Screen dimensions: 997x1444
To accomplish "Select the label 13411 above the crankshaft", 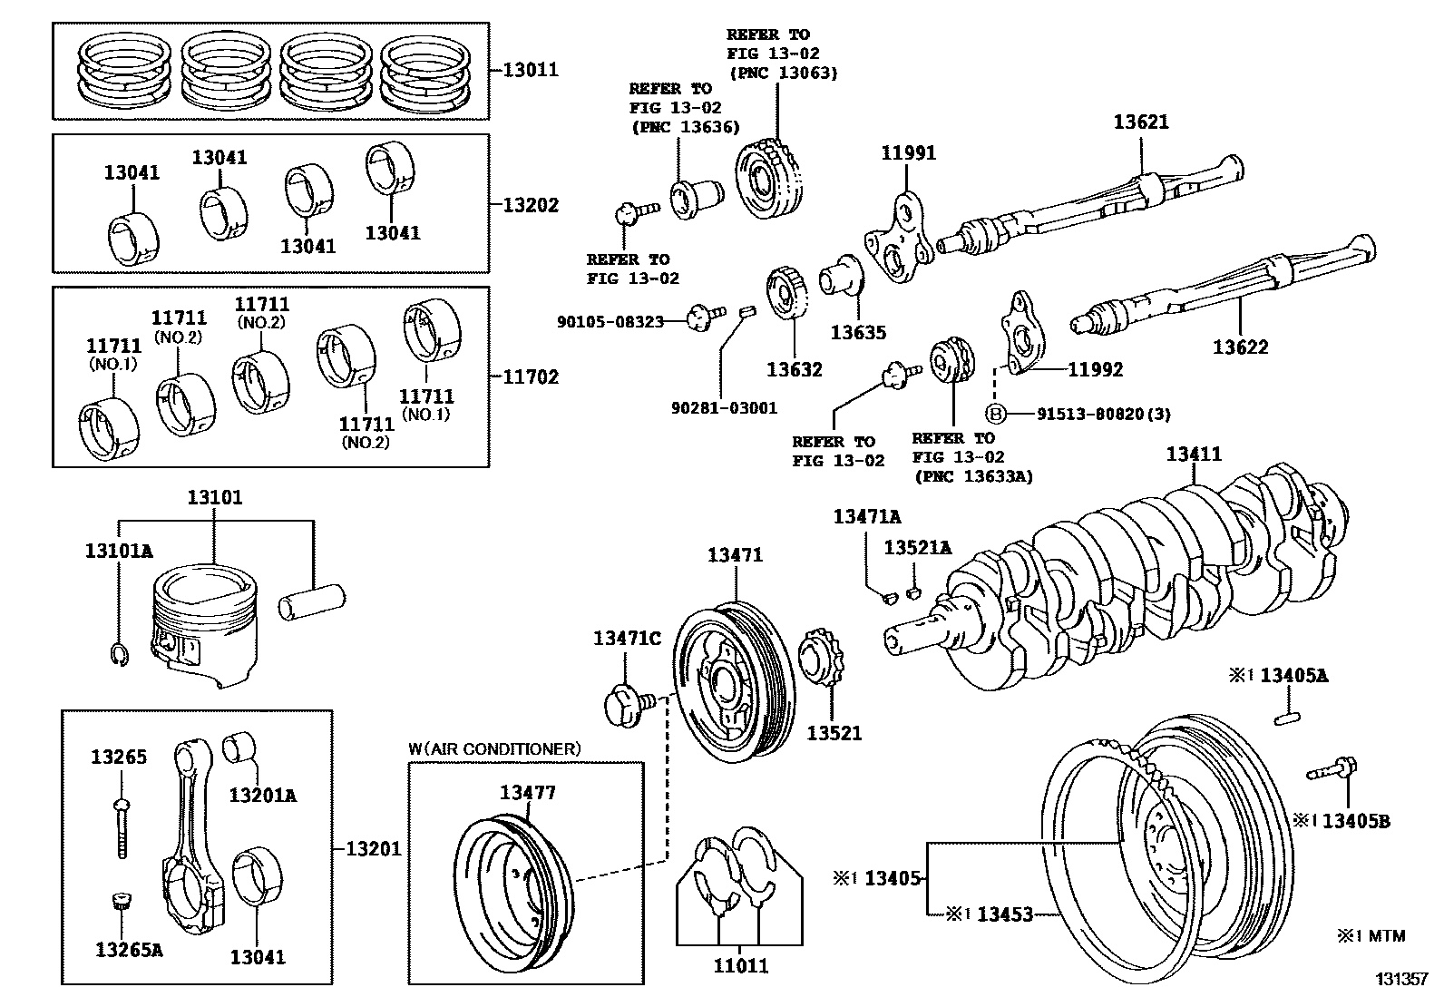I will coord(1194,454).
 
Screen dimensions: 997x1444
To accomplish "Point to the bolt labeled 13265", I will coord(121,826).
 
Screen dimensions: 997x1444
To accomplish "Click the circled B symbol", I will coord(996,414).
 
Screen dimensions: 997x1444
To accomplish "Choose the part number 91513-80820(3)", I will coord(1103,414).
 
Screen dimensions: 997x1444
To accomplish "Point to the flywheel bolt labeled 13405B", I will coord(1331,771).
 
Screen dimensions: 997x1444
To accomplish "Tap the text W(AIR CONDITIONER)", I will coord(493,748).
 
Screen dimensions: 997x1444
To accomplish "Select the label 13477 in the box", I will coord(528,792).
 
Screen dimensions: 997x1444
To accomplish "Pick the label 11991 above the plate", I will coord(908,152).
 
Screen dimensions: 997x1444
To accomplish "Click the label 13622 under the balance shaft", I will coord(1241,347).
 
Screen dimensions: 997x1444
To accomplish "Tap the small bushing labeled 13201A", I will coord(240,746).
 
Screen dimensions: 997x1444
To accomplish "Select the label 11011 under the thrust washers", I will coord(740,966).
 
